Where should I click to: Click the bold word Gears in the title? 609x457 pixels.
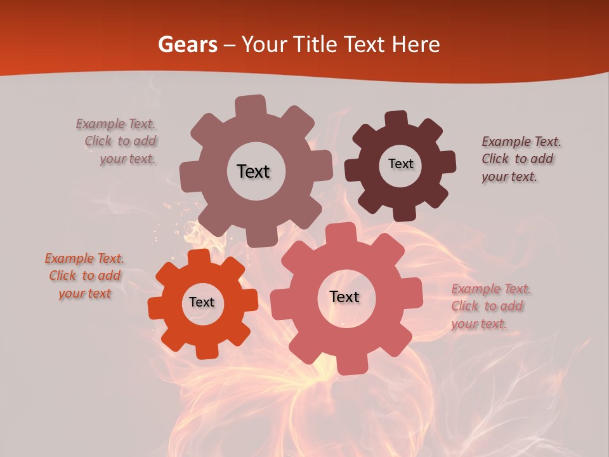pyautogui.click(x=187, y=44)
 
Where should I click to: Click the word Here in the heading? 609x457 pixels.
pyautogui.click(x=416, y=44)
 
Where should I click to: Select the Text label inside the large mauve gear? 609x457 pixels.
pyautogui.click(x=253, y=171)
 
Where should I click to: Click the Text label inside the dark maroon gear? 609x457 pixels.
pyautogui.click(x=400, y=164)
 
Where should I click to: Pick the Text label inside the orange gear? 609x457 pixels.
pyautogui.click(x=202, y=303)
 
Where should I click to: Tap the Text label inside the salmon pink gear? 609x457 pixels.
pyautogui.click(x=344, y=297)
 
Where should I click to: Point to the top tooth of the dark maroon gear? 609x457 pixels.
pyautogui.click(x=396, y=119)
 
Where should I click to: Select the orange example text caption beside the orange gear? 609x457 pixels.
pyautogui.click(x=84, y=276)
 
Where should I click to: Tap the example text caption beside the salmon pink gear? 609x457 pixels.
pyautogui.click(x=491, y=307)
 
